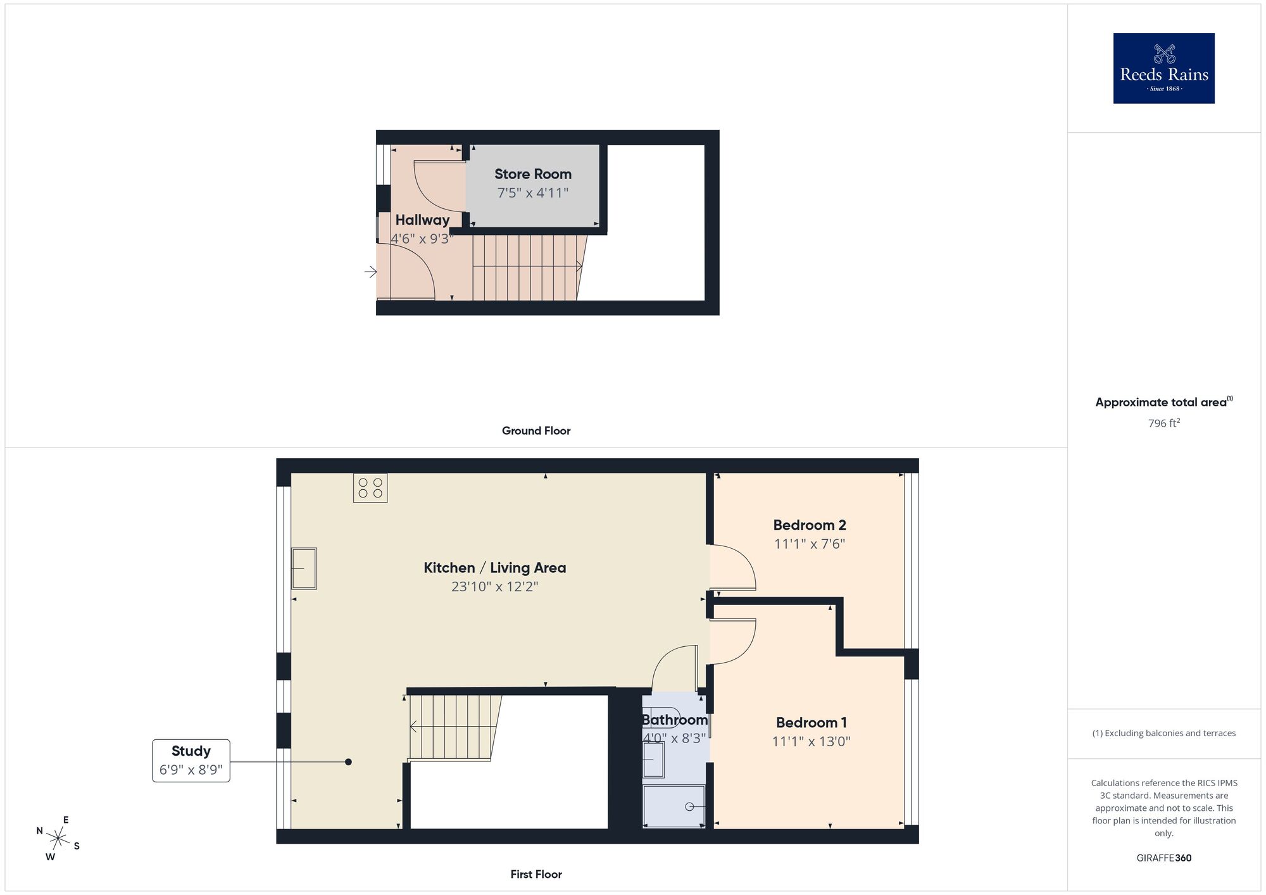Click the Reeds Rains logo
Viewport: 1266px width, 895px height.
tap(1163, 68)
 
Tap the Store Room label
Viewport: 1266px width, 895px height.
tap(532, 174)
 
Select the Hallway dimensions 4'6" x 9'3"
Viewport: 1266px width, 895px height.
tap(422, 239)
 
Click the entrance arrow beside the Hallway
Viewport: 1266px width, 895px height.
tap(371, 272)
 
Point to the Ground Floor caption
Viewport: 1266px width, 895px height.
tap(536, 430)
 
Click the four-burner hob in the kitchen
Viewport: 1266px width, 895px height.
tap(370, 488)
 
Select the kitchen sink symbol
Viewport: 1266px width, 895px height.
tap(304, 568)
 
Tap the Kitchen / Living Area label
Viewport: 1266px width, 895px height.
tap(494, 568)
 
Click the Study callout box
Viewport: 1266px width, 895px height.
tap(191, 761)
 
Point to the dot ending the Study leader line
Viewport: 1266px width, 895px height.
tap(348, 762)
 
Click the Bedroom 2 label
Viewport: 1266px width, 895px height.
tap(810, 525)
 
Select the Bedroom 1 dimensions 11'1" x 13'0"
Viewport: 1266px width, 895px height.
tap(811, 741)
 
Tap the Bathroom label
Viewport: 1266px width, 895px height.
tap(675, 720)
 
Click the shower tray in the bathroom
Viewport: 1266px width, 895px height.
tap(674, 806)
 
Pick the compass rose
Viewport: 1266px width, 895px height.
tap(58, 839)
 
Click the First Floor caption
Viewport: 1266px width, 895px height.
tap(536, 874)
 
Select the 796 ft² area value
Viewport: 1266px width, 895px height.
tap(1163, 423)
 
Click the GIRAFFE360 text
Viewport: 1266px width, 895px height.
tap(1163, 858)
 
